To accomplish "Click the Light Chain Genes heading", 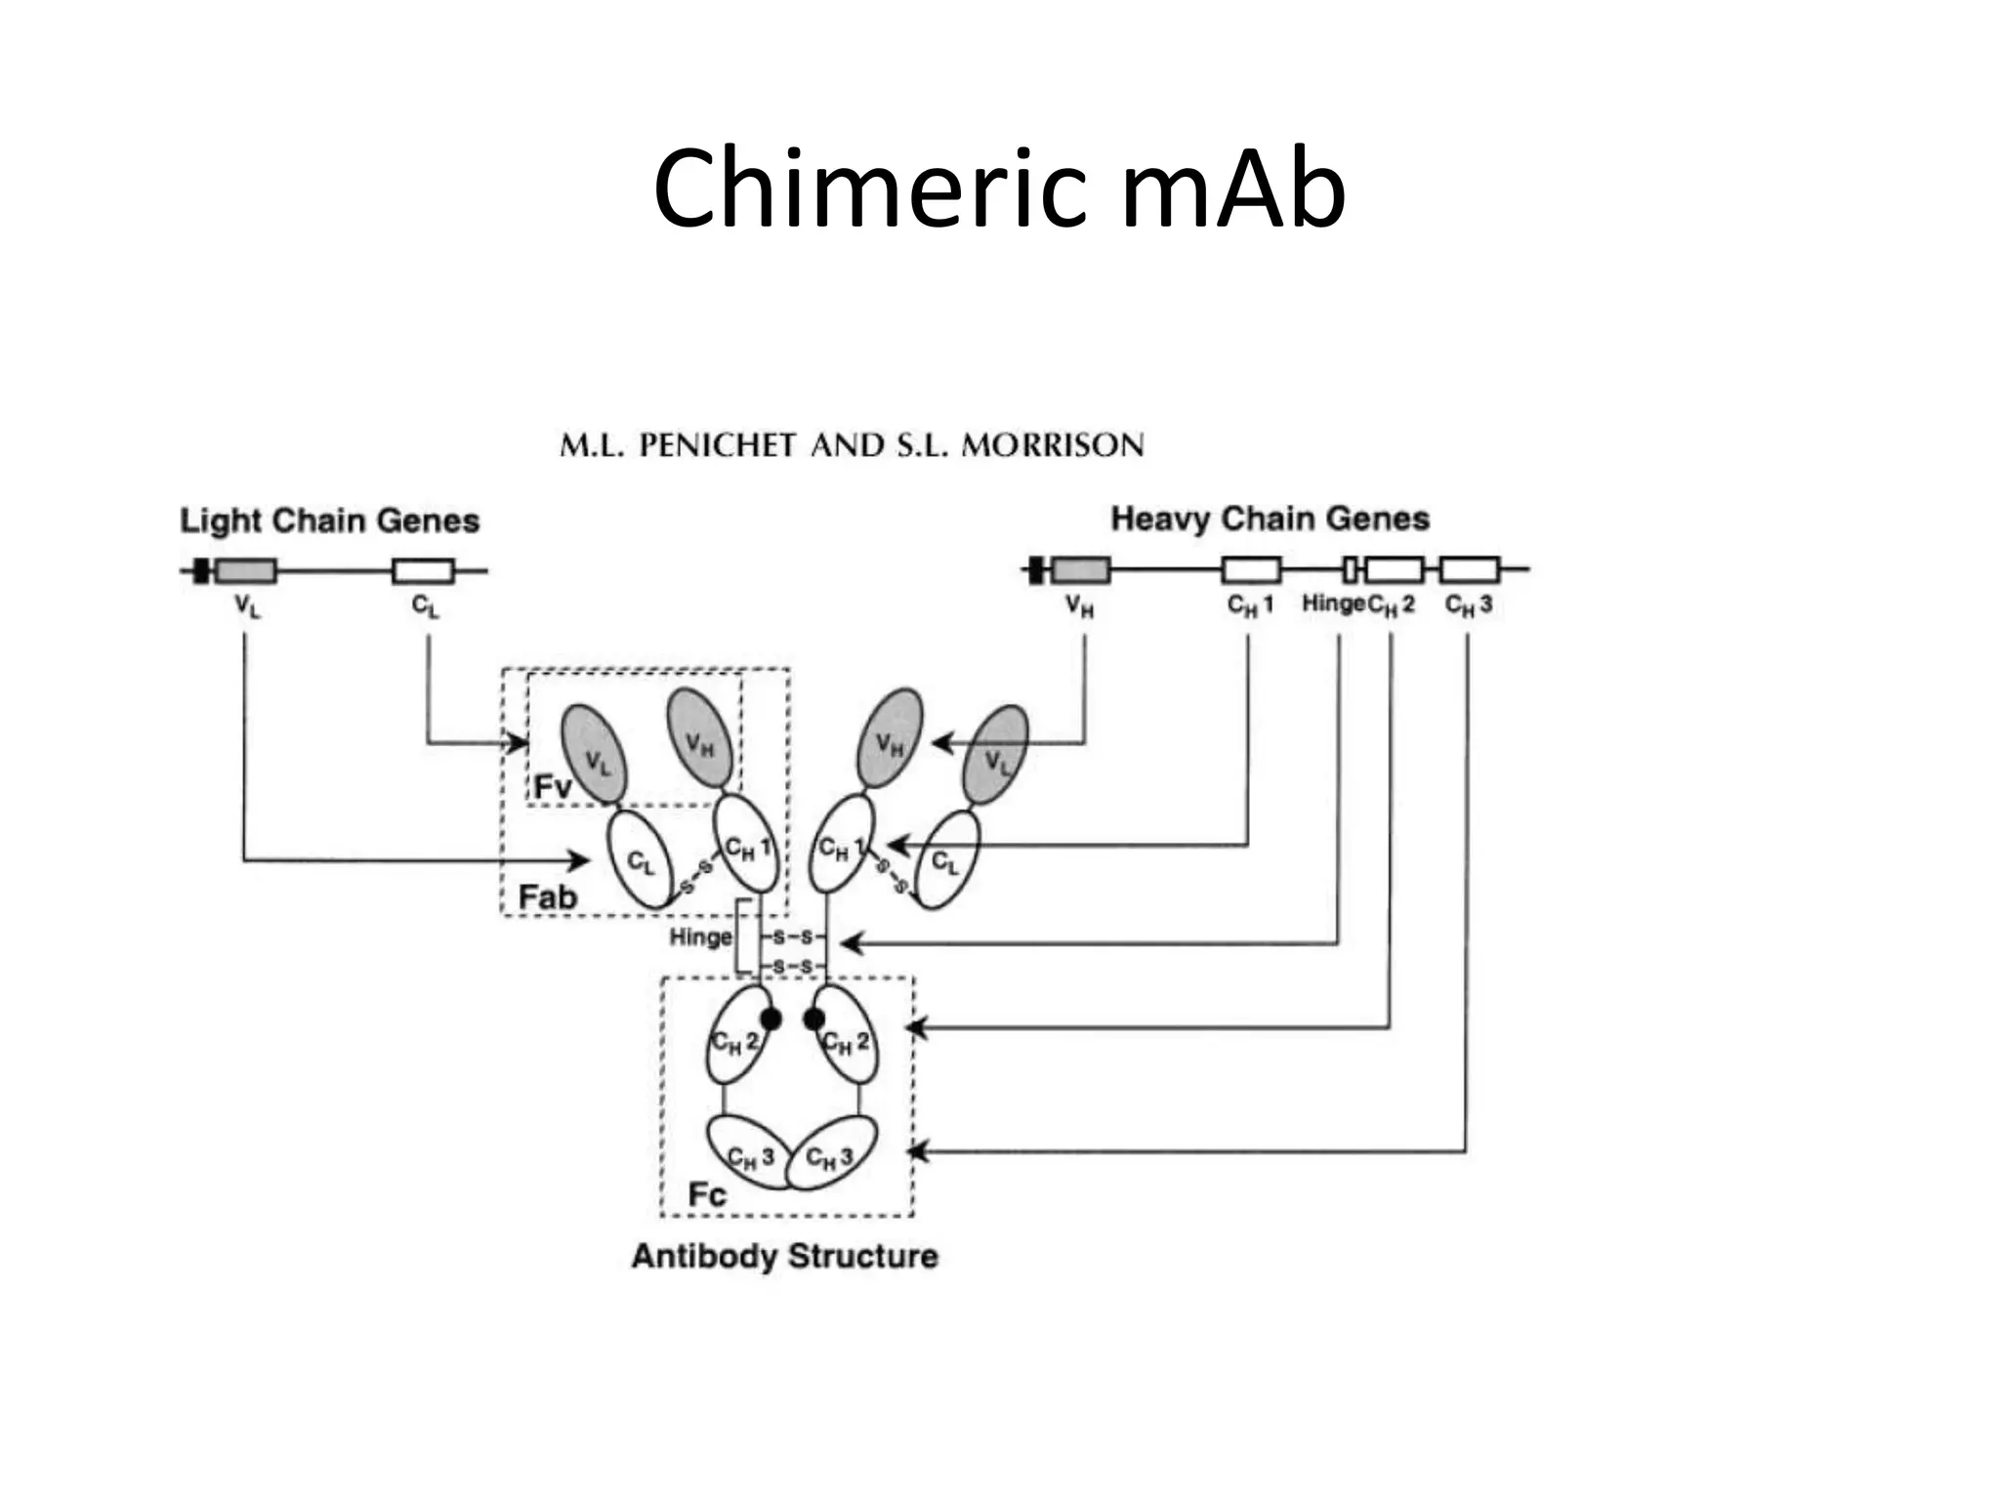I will coord(329,521).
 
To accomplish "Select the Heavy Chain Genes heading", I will coord(1270,519).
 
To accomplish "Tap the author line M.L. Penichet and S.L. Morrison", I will coord(852,445).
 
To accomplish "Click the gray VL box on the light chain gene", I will coord(245,571).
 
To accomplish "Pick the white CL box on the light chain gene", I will coord(423,571).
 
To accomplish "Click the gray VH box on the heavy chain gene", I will coord(1081,569).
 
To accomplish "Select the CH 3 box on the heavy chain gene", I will coord(1469,569).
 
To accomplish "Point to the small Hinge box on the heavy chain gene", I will coord(1351,569).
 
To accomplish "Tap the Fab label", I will coord(547,896).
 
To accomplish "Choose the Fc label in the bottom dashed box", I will coord(706,1194).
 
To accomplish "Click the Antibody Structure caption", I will coord(784,1256).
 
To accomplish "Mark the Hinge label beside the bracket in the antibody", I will coord(700,937).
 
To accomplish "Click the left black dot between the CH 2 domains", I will coord(771,1019).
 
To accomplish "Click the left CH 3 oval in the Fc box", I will coord(747,1152).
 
